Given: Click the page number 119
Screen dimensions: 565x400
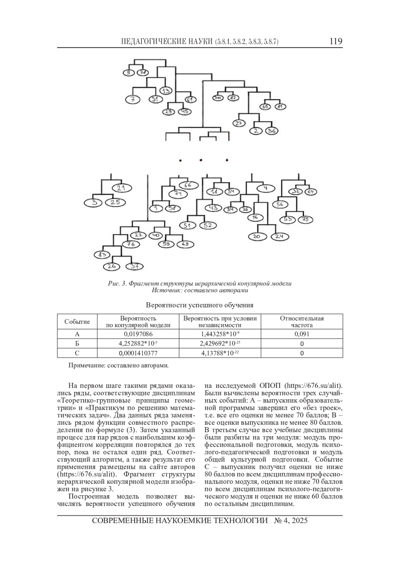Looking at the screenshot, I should pyautogui.click(x=336, y=41).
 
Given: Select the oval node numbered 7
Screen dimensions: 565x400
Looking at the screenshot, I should pyautogui.click(x=132, y=99).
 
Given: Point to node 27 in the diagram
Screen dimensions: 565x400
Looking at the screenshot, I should pyautogui.click(x=238, y=123).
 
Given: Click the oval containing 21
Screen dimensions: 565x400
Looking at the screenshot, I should pyautogui.click(x=121, y=188).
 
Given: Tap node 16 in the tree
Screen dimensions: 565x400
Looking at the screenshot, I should pyautogui.click(x=255, y=217).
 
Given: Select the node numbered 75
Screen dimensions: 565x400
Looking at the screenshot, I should pyautogui.click(x=305, y=219).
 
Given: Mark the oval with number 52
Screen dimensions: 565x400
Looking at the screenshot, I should pyautogui.click(x=208, y=225).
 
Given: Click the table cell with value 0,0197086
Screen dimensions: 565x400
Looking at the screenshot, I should pyautogui.click(x=138, y=334).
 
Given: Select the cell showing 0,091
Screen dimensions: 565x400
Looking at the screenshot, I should pyautogui.click(x=302, y=334).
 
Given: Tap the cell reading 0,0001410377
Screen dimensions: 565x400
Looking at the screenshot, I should pyautogui.click(x=138, y=353).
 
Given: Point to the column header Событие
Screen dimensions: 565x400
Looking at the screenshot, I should pyautogui.click(x=77, y=322).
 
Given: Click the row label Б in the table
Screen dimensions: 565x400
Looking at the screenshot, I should pyautogui.click(x=77, y=344).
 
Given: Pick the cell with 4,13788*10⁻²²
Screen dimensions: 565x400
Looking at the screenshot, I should pyautogui.click(x=220, y=353).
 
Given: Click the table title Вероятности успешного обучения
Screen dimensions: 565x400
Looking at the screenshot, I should pyautogui.click(x=200, y=305).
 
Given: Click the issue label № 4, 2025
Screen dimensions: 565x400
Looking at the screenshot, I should pyautogui.click(x=291, y=521).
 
